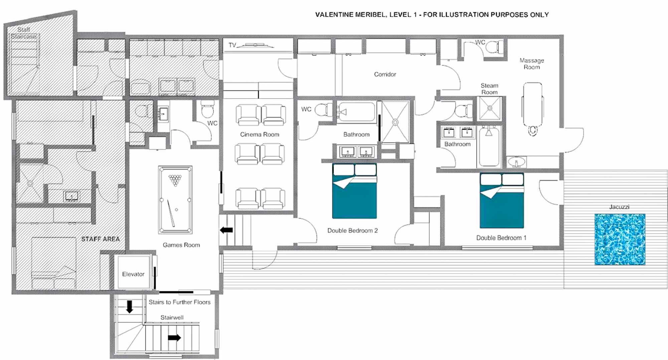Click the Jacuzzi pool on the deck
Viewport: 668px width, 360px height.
coord(620,239)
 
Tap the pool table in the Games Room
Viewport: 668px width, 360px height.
coord(175,200)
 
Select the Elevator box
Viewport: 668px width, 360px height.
coord(133,272)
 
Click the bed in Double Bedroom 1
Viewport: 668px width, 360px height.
coord(502,200)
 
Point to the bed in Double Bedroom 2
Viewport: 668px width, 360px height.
coord(354,191)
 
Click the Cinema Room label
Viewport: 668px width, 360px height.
coord(260,134)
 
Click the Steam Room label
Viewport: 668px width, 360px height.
coord(489,89)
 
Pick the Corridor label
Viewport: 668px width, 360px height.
coord(385,74)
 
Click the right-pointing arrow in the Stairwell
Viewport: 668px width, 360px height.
coord(174,338)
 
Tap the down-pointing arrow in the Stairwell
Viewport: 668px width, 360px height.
coord(130,307)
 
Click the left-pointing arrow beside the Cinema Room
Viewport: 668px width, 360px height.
coord(226,230)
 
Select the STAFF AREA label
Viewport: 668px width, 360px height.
coord(101,239)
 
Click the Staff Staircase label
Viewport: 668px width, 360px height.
coord(23,33)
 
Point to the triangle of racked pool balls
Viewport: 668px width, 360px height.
coord(175,180)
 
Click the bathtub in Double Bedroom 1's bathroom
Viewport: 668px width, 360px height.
coord(489,147)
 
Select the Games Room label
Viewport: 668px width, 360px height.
coord(181,245)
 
